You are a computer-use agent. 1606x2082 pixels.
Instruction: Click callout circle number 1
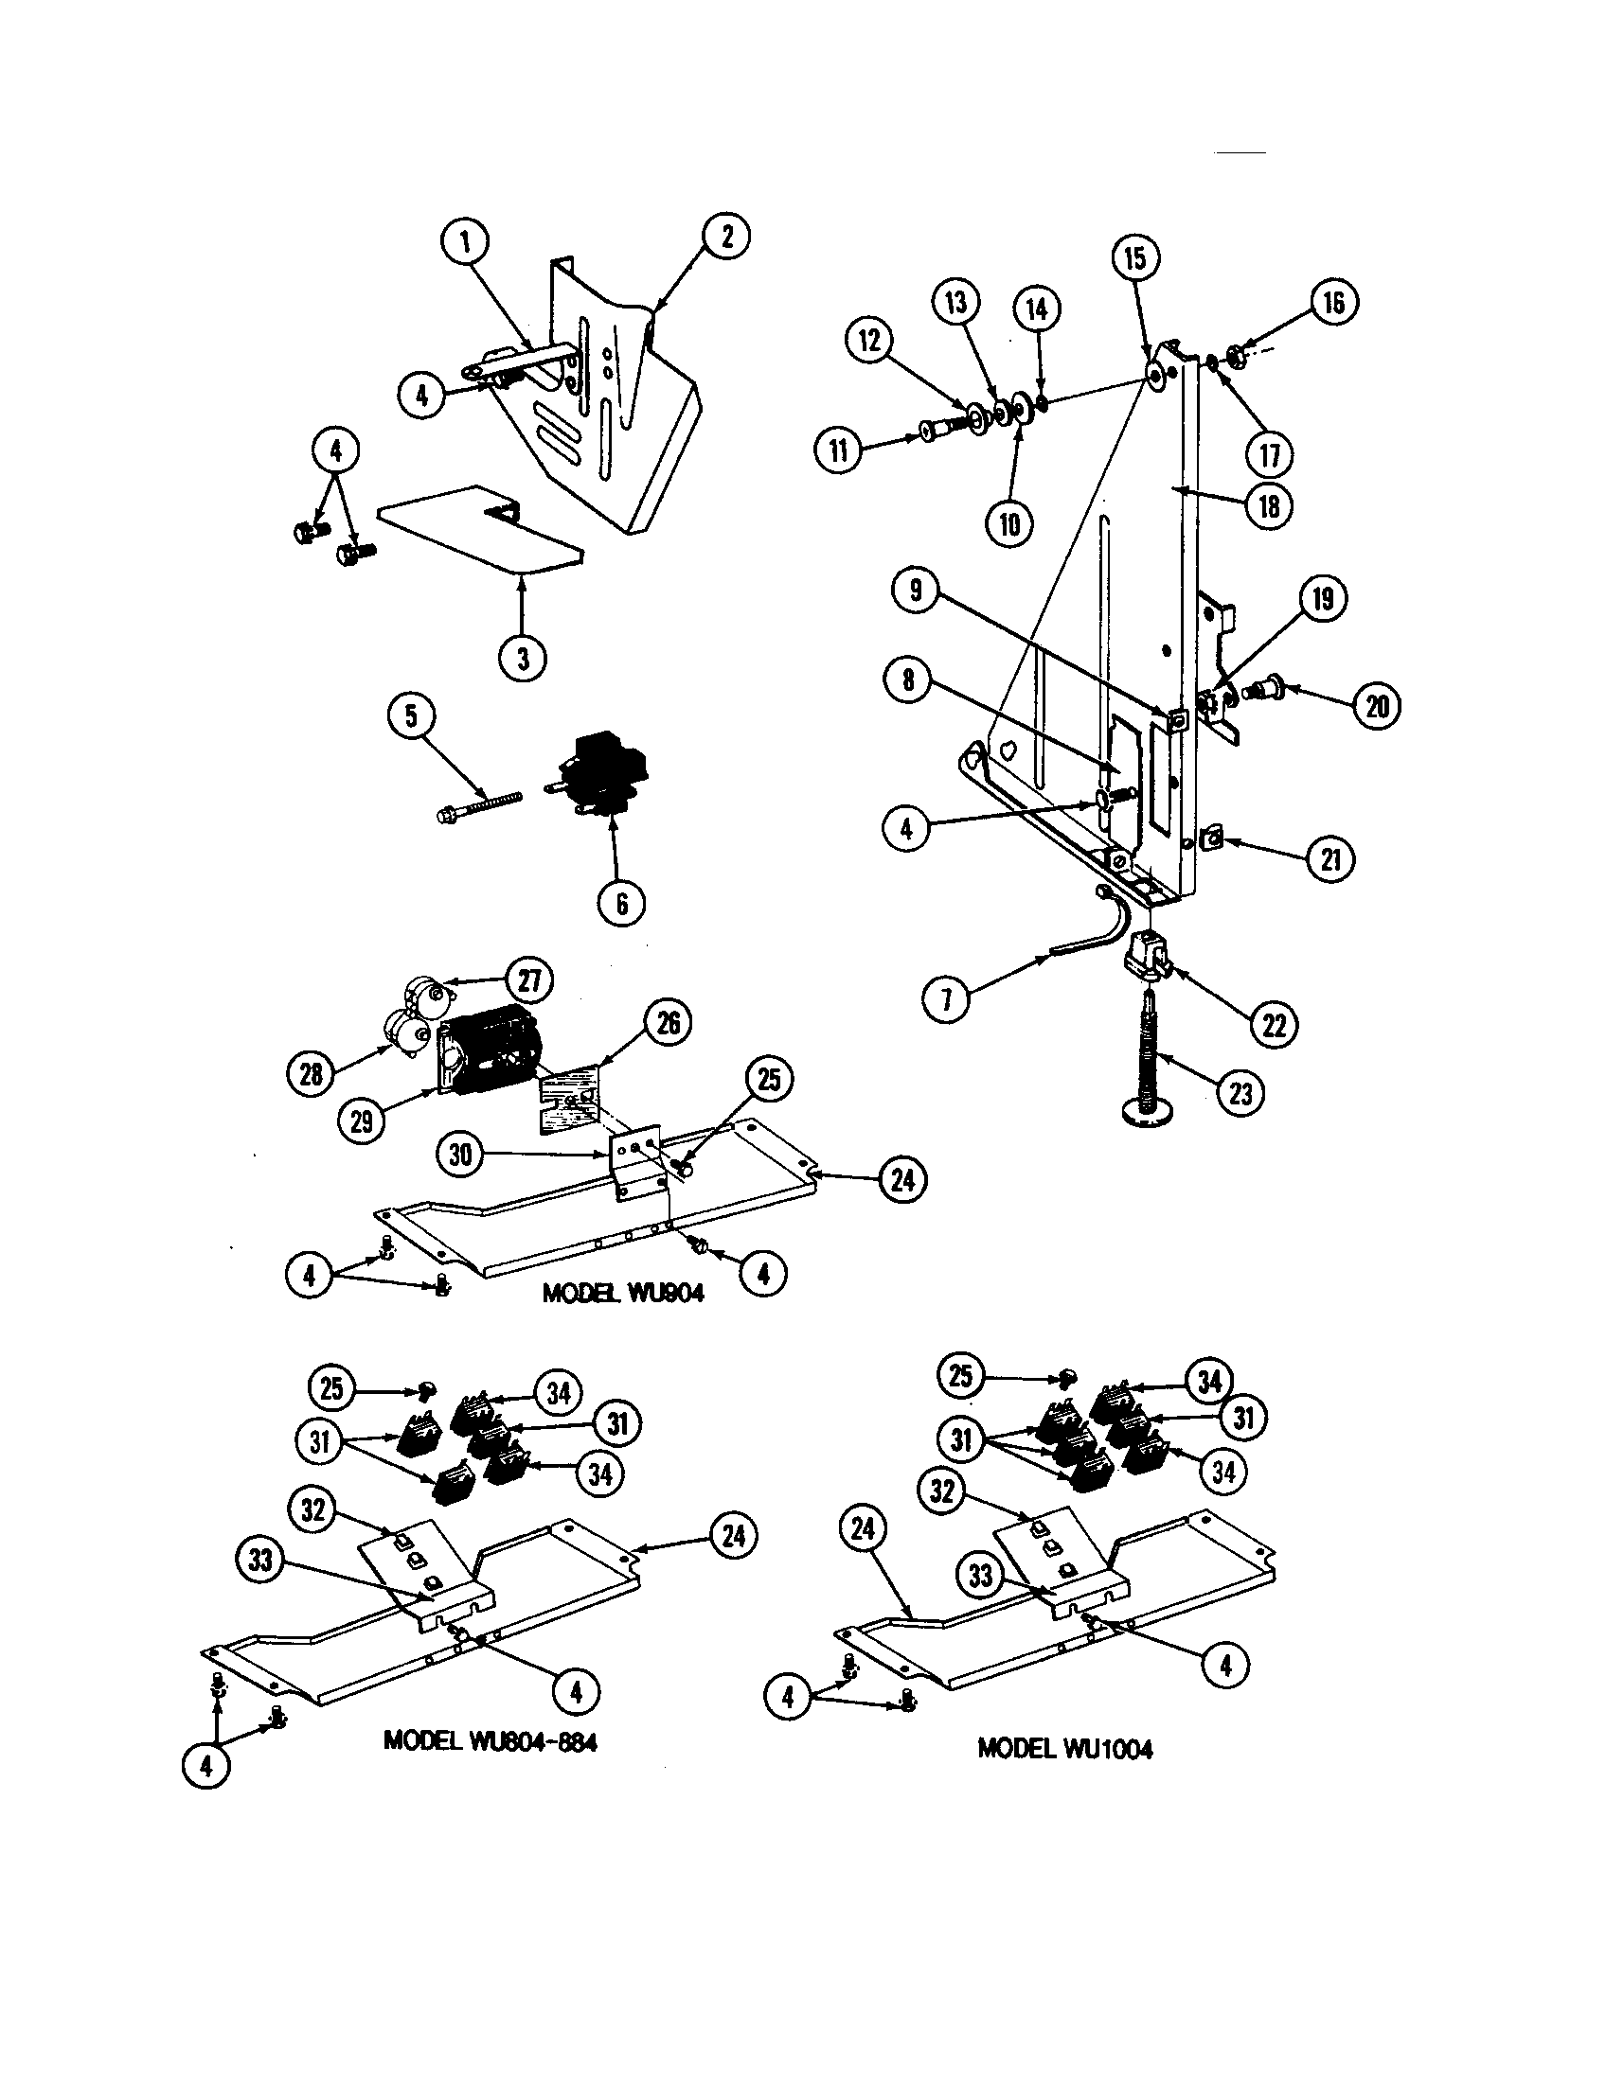tap(465, 242)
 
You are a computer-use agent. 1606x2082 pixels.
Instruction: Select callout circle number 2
tap(725, 236)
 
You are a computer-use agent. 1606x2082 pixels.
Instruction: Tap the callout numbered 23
tap(1239, 1092)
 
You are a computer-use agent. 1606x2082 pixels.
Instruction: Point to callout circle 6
tap(621, 902)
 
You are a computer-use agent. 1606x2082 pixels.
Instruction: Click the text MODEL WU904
tap(623, 1294)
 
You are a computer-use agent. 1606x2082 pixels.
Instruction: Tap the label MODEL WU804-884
tap(491, 1740)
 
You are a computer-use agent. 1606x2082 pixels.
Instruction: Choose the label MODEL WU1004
tap(1064, 1749)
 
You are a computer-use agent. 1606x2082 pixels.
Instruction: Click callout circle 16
tap(1332, 302)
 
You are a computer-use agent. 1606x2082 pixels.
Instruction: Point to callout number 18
tap(1268, 505)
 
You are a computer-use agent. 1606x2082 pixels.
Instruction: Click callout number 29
tap(362, 1120)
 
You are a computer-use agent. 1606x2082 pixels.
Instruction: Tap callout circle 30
tap(459, 1155)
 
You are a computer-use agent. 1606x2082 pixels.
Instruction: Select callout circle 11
tap(838, 450)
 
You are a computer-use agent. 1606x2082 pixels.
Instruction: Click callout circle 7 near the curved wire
tap(947, 1000)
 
